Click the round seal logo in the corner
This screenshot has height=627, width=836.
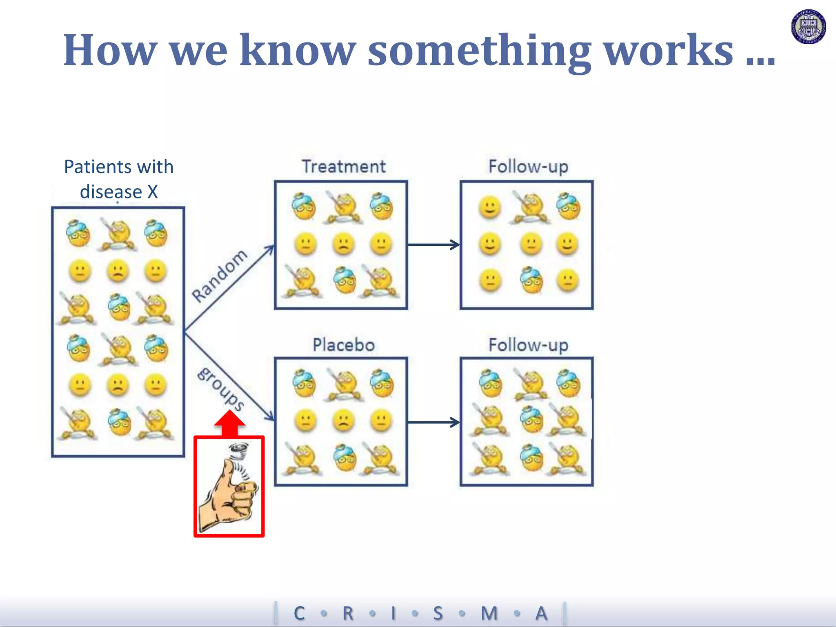808,27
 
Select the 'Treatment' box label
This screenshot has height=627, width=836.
344,167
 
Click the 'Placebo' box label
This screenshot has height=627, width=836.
344,345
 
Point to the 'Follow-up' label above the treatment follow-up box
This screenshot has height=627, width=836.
528,167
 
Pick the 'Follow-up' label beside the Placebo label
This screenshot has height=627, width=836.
528,345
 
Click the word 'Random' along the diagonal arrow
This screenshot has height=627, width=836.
220,276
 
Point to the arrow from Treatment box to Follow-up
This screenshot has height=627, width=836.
434,245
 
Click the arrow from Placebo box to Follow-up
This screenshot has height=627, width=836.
434,422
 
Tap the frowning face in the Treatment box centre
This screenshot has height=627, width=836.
343,244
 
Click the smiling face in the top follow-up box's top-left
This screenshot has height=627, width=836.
489,207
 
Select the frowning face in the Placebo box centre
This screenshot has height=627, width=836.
343,420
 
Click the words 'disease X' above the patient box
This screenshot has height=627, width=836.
119,192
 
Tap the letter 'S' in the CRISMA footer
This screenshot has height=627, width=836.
438,613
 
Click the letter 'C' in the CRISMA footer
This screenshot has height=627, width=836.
299,613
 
